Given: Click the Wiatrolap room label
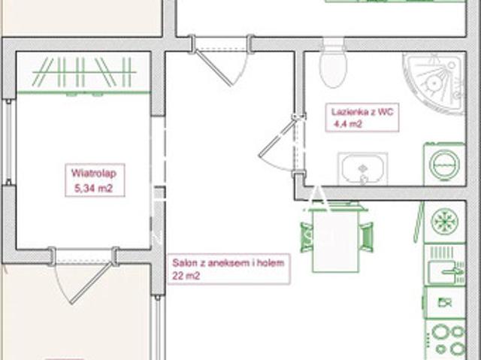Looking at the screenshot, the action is (x=94, y=174).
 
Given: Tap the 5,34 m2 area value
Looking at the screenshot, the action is (x=93, y=188).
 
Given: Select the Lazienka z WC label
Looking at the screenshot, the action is (x=362, y=112).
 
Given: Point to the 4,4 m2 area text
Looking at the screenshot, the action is (x=348, y=124).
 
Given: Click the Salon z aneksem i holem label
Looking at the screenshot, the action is (x=228, y=263).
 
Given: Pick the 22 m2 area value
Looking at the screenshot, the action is (x=186, y=276).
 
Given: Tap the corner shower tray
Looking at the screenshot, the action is (x=434, y=83).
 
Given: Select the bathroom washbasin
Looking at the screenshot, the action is (x=363, y=169).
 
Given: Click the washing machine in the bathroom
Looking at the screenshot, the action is (x=445, y=164).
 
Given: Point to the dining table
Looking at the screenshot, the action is (x=336, y=239).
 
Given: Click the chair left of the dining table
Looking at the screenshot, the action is (x=307, y=237).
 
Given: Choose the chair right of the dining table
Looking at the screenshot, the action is (x=366, y=237).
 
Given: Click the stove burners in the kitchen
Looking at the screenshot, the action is (x=446, y=340).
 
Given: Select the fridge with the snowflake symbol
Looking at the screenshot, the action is (x=445, y=222).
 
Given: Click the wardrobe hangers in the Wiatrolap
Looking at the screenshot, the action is (x=84, y=72).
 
